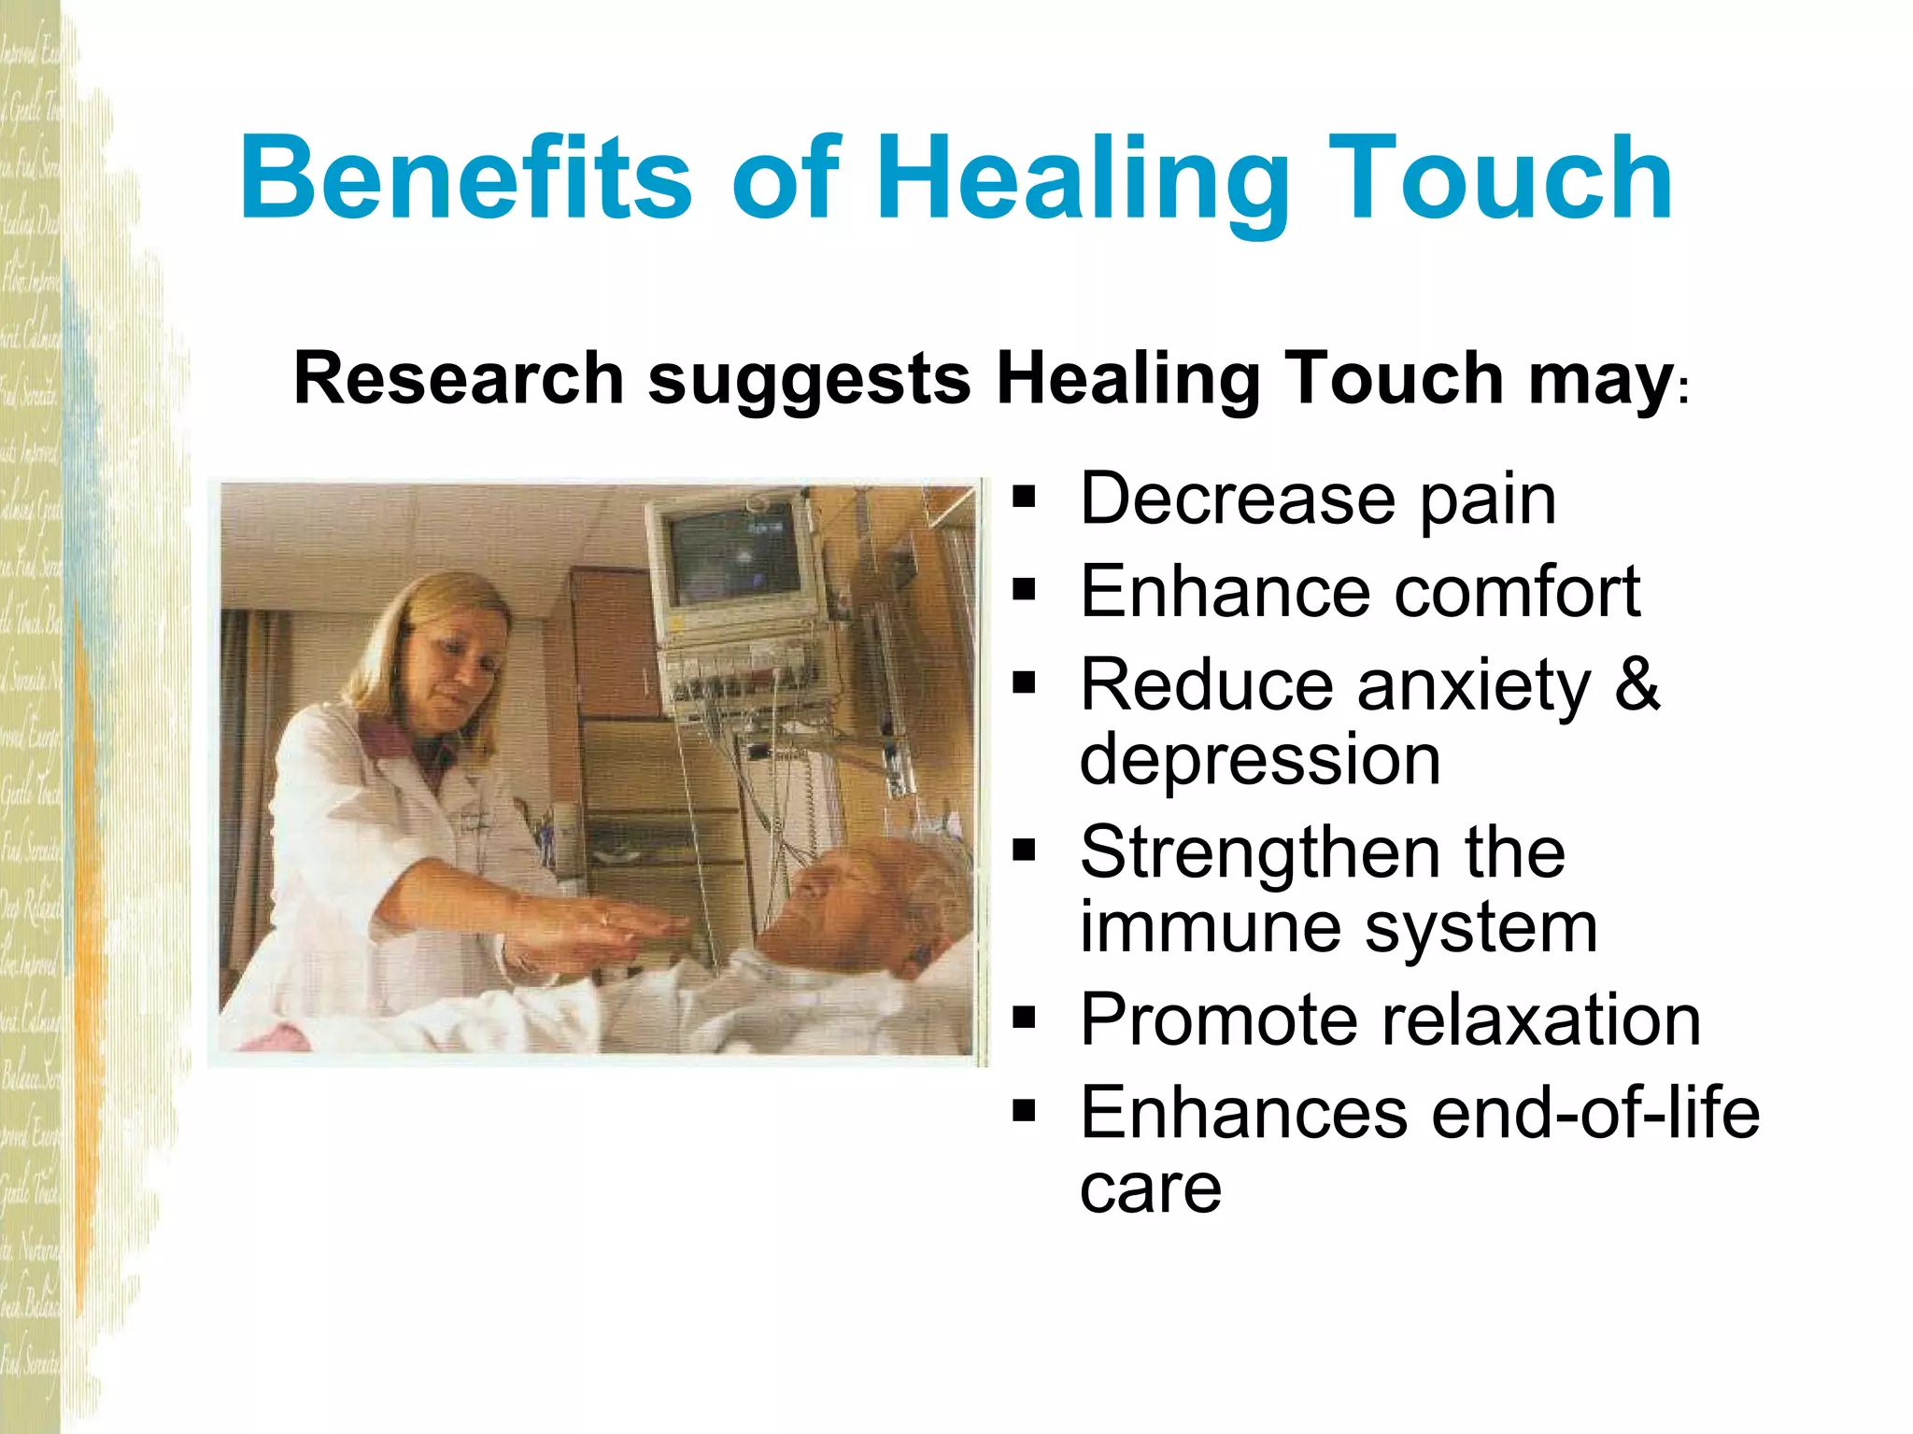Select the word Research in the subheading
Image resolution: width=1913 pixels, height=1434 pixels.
[x=459, y=378]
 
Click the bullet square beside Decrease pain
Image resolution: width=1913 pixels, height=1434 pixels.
[x=1025, y=499]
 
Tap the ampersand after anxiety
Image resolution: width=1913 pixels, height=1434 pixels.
[x=1637, y=682]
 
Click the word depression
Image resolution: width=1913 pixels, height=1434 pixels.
[x=1259, y=760]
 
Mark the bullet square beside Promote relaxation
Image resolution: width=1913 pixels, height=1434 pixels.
[x=1025, y=1017]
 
